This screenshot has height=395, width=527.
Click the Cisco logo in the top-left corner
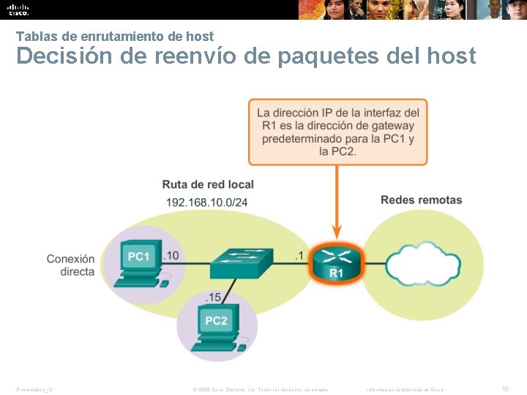click(18, 10)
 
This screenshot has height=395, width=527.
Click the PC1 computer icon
click(140, 261)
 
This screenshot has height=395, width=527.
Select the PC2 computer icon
click(217, 325)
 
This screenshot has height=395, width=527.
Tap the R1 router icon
click(336, 263)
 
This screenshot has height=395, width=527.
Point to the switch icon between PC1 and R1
click(241, 262)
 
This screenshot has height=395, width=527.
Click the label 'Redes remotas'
click(421, 200)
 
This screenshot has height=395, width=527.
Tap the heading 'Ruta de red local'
click(208, 184)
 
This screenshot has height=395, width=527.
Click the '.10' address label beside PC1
click(172, 255)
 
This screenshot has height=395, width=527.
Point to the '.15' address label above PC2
click(213, 296)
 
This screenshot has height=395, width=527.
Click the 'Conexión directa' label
click(70, 265)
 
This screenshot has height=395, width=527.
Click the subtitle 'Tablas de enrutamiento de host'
click(115, 36)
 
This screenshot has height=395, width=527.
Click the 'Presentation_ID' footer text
click(34, 389)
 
